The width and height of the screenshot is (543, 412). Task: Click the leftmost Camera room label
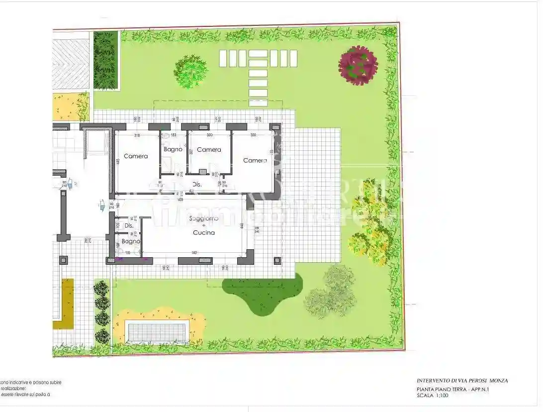tap(136, 156)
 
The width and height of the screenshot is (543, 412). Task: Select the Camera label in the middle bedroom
tap(209, 150)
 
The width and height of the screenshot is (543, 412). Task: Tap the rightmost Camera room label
tap(255, 160)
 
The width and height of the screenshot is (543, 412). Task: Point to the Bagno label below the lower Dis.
tap(131, 242)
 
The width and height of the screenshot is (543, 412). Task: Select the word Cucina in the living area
tap(204, 232)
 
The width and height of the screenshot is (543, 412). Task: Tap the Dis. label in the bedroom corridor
tap(197, 185)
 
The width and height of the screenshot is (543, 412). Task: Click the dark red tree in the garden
tap(358, 65)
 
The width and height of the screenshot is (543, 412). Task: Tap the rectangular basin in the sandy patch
tap(157, 332)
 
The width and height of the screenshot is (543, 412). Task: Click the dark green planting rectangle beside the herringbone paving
tap(105, 60)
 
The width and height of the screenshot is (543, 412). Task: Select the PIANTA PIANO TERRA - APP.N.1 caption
tap(452, 390)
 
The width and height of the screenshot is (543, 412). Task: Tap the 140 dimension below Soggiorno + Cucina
tap(193, 253)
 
